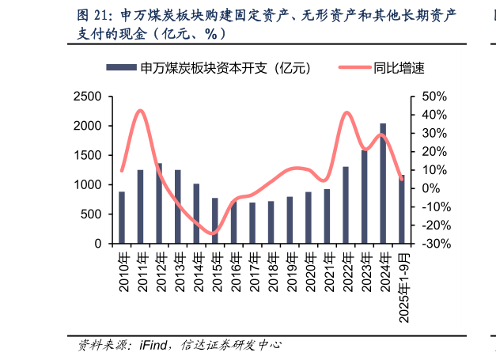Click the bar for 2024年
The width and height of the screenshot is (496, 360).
pyautogui.click(x=383, y=184)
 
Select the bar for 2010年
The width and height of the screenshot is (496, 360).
pyautogui.click(x=122, y=218)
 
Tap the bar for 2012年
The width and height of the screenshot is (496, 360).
pyautogui.click(x=159, y=203)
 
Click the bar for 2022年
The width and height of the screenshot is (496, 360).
pyautogui.click(x=346, y=205)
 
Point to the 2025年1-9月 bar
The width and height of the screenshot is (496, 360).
pyautogui.click(x=402, y=210)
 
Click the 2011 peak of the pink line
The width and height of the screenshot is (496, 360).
pyautogui.click(x=140, y=111)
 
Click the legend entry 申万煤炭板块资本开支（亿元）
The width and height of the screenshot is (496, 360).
pyautogui.click(x=210, y=68)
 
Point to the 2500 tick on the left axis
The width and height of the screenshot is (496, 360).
pyautogui.click(x=87, y=97)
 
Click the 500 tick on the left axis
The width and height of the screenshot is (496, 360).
pyautogui.click(x=91, y=214)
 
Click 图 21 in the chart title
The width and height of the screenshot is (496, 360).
pyautogui.click(x=92, y=16)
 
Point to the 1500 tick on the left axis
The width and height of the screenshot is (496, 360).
pyautogui.click(x=87, y=155)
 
